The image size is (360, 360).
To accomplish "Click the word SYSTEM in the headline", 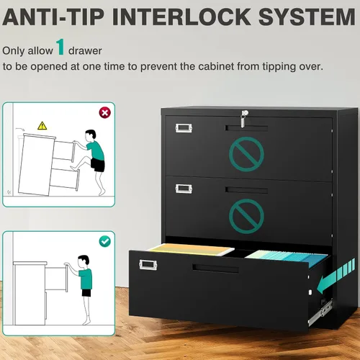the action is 307,17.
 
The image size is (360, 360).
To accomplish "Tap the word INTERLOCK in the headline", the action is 181,17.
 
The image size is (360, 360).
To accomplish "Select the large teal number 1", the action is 60,47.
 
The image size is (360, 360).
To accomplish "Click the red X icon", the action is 105,112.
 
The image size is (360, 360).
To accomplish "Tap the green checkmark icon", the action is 105,241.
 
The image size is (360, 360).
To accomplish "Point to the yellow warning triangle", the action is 42,125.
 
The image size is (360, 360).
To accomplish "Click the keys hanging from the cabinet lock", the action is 243,121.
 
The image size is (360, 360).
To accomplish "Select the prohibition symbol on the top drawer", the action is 246,154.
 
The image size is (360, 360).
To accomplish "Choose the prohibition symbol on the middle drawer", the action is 246,216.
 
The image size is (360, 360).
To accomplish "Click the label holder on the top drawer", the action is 184,128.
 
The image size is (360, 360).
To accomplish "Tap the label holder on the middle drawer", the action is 184,189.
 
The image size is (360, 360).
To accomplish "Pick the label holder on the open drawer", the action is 148,265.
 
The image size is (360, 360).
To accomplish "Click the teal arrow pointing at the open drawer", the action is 336,276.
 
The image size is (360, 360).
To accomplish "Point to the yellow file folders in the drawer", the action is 192,249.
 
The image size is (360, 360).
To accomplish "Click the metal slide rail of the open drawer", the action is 320,312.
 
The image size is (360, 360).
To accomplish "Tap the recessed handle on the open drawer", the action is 215,269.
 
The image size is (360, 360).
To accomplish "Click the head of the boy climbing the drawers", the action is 91,135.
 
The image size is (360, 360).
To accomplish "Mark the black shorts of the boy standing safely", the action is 86,293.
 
